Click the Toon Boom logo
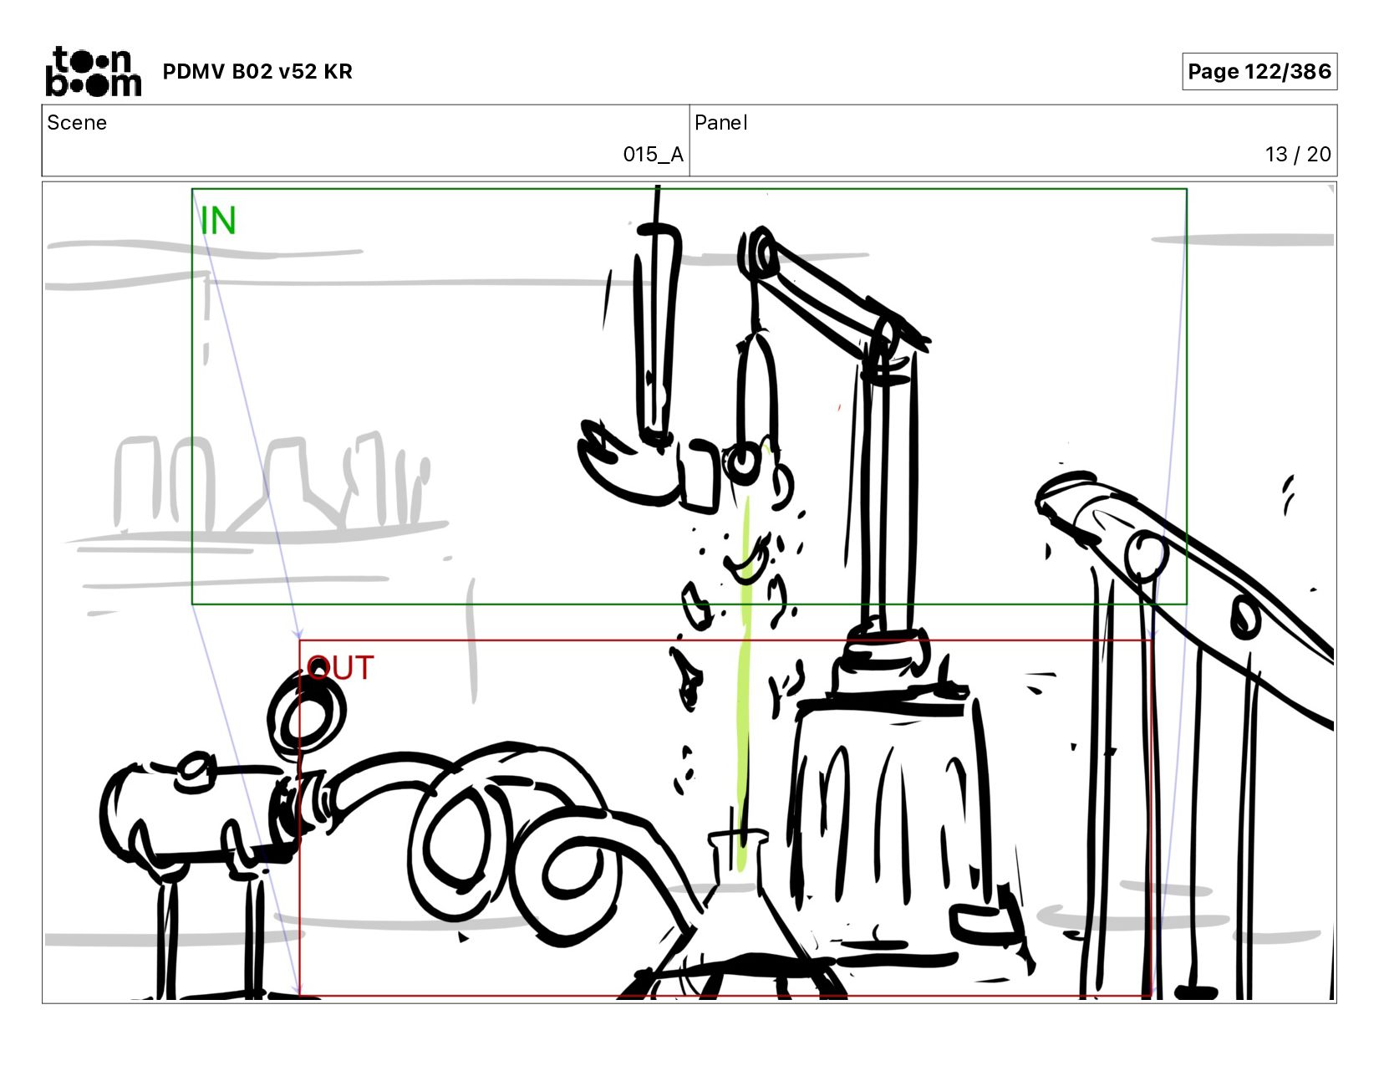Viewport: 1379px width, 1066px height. click(94, 71)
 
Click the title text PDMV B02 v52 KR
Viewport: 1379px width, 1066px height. click(257, 71)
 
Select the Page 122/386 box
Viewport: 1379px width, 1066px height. click(1259, 71)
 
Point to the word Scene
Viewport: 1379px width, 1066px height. click(77, 122)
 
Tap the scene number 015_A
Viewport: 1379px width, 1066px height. click(653, 154)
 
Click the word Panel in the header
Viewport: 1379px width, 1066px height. click(721, 122)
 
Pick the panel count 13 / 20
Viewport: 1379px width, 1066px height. click(1298, 154)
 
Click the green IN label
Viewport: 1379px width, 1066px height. click(217, 221)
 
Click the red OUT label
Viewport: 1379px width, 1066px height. click(340, 667)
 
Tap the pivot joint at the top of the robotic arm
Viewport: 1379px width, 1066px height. click(759, 254)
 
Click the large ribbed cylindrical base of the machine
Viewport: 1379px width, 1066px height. click(888, 825)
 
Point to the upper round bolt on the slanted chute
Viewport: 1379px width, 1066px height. click(1146, 555)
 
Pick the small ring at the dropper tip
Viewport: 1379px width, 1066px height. click(741, 462)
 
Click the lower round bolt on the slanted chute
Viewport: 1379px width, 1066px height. click(1245, 618)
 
